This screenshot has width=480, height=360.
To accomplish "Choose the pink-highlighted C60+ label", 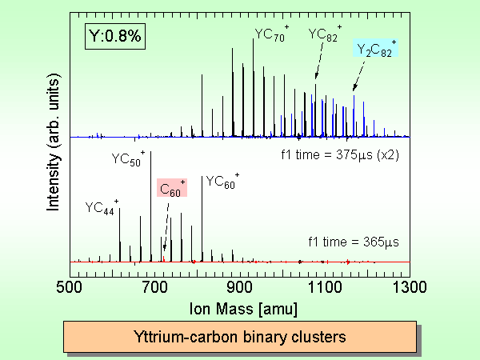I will click(172, 188).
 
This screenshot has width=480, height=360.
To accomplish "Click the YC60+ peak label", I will click(222, 182).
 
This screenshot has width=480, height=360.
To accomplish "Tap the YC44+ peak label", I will click(102, 208).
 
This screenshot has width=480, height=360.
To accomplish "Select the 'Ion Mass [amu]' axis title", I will click(240, 306).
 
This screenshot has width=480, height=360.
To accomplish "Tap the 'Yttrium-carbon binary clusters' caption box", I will click(239, 337).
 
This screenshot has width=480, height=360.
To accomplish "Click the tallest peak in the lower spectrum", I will click(150, 200).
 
